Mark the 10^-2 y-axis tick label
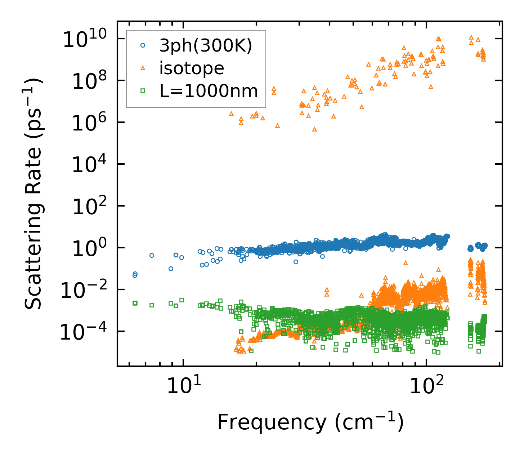[84, 290]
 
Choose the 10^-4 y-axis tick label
[84, 332]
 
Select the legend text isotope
[192, 68]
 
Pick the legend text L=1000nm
[209, 91]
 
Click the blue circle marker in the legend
[143, 45]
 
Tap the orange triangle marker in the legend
[143, 68]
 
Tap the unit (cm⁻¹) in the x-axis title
[369, 422]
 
